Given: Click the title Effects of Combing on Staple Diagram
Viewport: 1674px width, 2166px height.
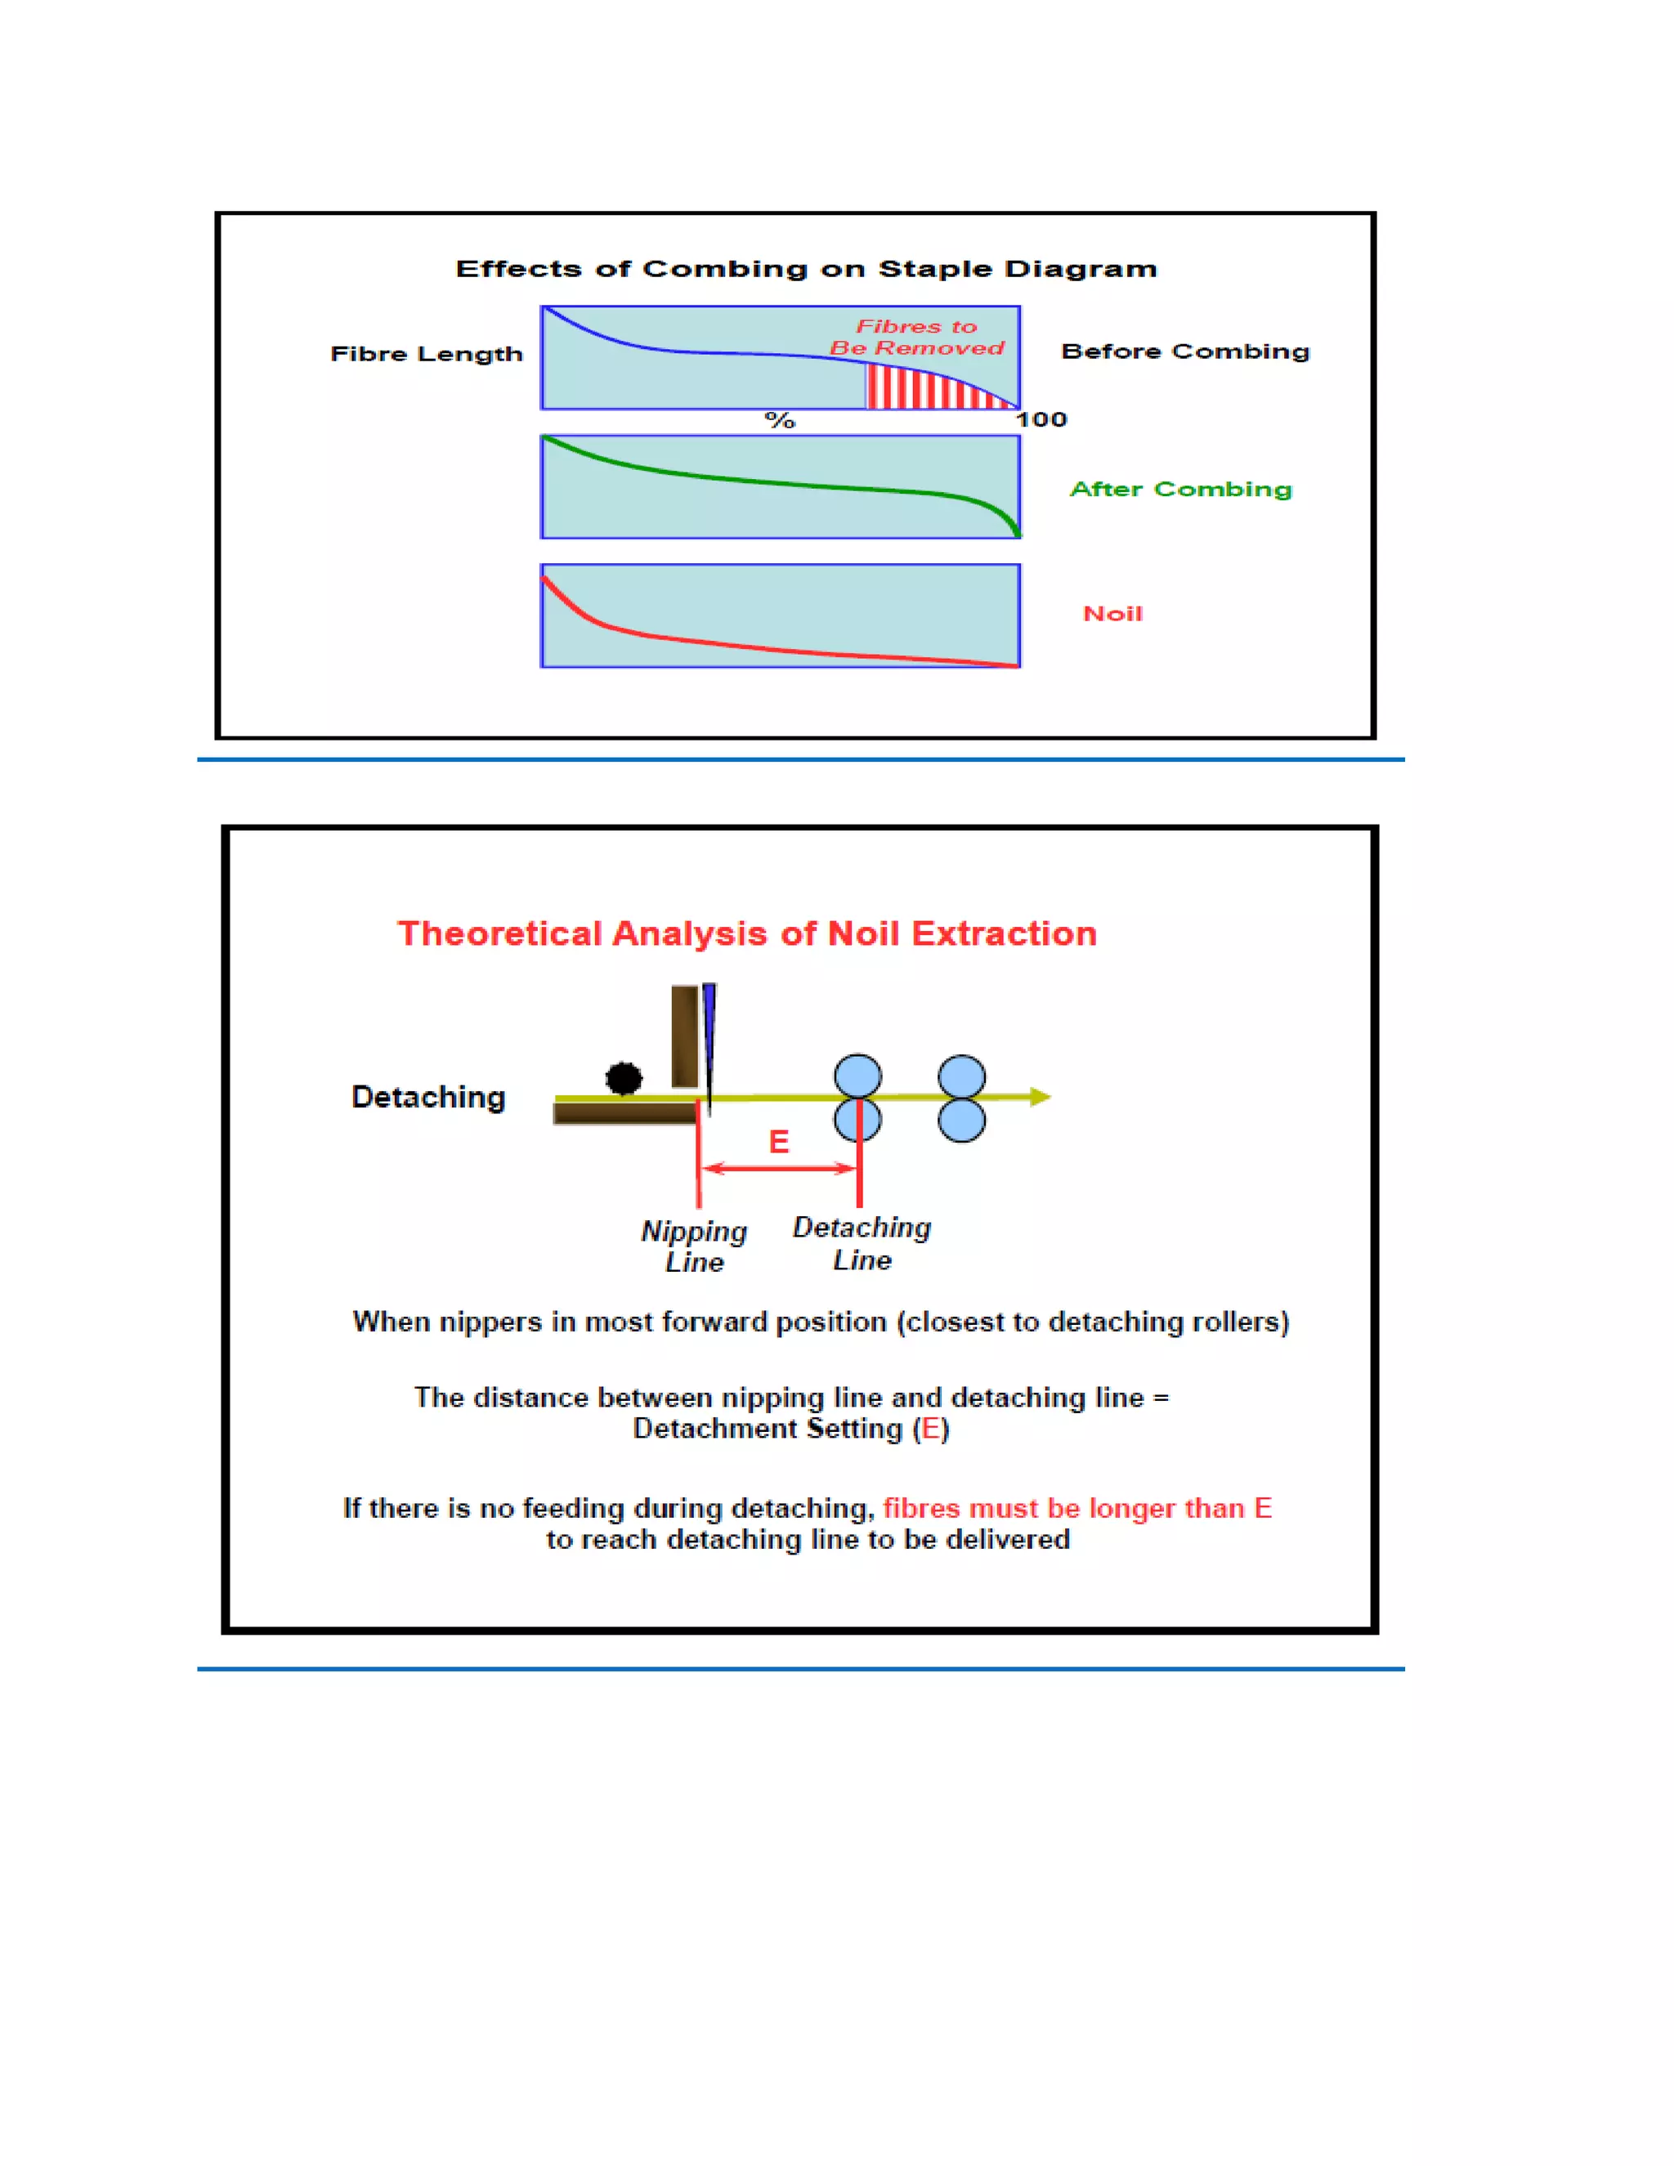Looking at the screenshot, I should pyautogui.click(x=805, y=269).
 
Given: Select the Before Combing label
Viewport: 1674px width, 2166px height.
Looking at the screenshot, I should pyautogui.click(x=1185, y=351).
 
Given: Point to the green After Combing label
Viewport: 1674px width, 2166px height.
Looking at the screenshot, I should pyautogui.click(x=1180, y=489).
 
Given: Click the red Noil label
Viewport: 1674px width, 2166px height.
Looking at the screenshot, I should pyautogui.click(x=1112, y=614).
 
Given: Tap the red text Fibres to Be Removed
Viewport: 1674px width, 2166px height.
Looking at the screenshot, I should pyautogui.click(x=916, y=338).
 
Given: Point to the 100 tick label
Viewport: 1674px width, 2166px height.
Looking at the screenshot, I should pyautogui.click(x=1041, y=419).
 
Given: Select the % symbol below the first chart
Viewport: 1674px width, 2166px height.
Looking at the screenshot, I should pyautogui.click(x=780, y=420).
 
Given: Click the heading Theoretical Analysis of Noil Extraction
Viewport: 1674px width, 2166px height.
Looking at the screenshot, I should pyautogui.click(x=747, y=933).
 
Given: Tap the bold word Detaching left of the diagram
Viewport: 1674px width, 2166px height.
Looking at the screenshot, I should pyautogui.click(x=428, y=1097).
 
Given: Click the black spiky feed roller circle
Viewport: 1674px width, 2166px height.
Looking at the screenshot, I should pyautogui.click(x=624, y=1077).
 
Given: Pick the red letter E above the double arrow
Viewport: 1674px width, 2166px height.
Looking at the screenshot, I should pyautogui.click(x=780, y=1142).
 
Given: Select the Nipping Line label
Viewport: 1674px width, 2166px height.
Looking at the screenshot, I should pyautogui.click(x=693, y=1246).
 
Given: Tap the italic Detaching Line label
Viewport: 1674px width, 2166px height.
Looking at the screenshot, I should pyautogui.click(x=862, y=1244).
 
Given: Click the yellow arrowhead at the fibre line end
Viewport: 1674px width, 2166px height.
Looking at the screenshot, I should pyautogui.click(x=1040, y=1096).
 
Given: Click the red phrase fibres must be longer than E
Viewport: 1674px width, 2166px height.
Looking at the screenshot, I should pyautogui.click(x=1077, y=1509).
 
